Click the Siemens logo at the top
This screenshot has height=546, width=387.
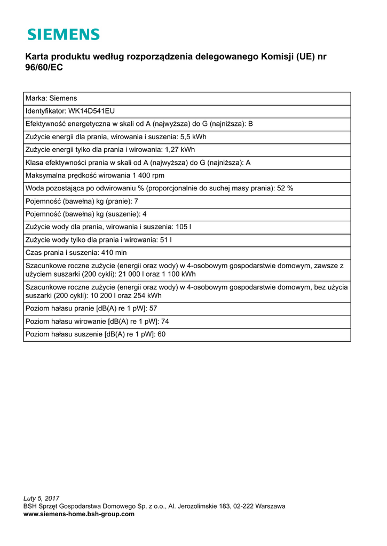coord(64,35)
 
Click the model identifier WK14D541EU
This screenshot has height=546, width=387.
coord(92,111)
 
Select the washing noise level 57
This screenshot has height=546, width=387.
coord(153,309)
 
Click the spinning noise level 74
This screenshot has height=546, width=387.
coord(165,322)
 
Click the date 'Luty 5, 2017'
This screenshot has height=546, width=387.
coord(42,498)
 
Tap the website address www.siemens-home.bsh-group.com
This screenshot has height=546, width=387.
coord(79,514)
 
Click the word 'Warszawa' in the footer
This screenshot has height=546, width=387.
coord(270,506)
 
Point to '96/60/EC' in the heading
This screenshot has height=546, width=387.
coord(44,69)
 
